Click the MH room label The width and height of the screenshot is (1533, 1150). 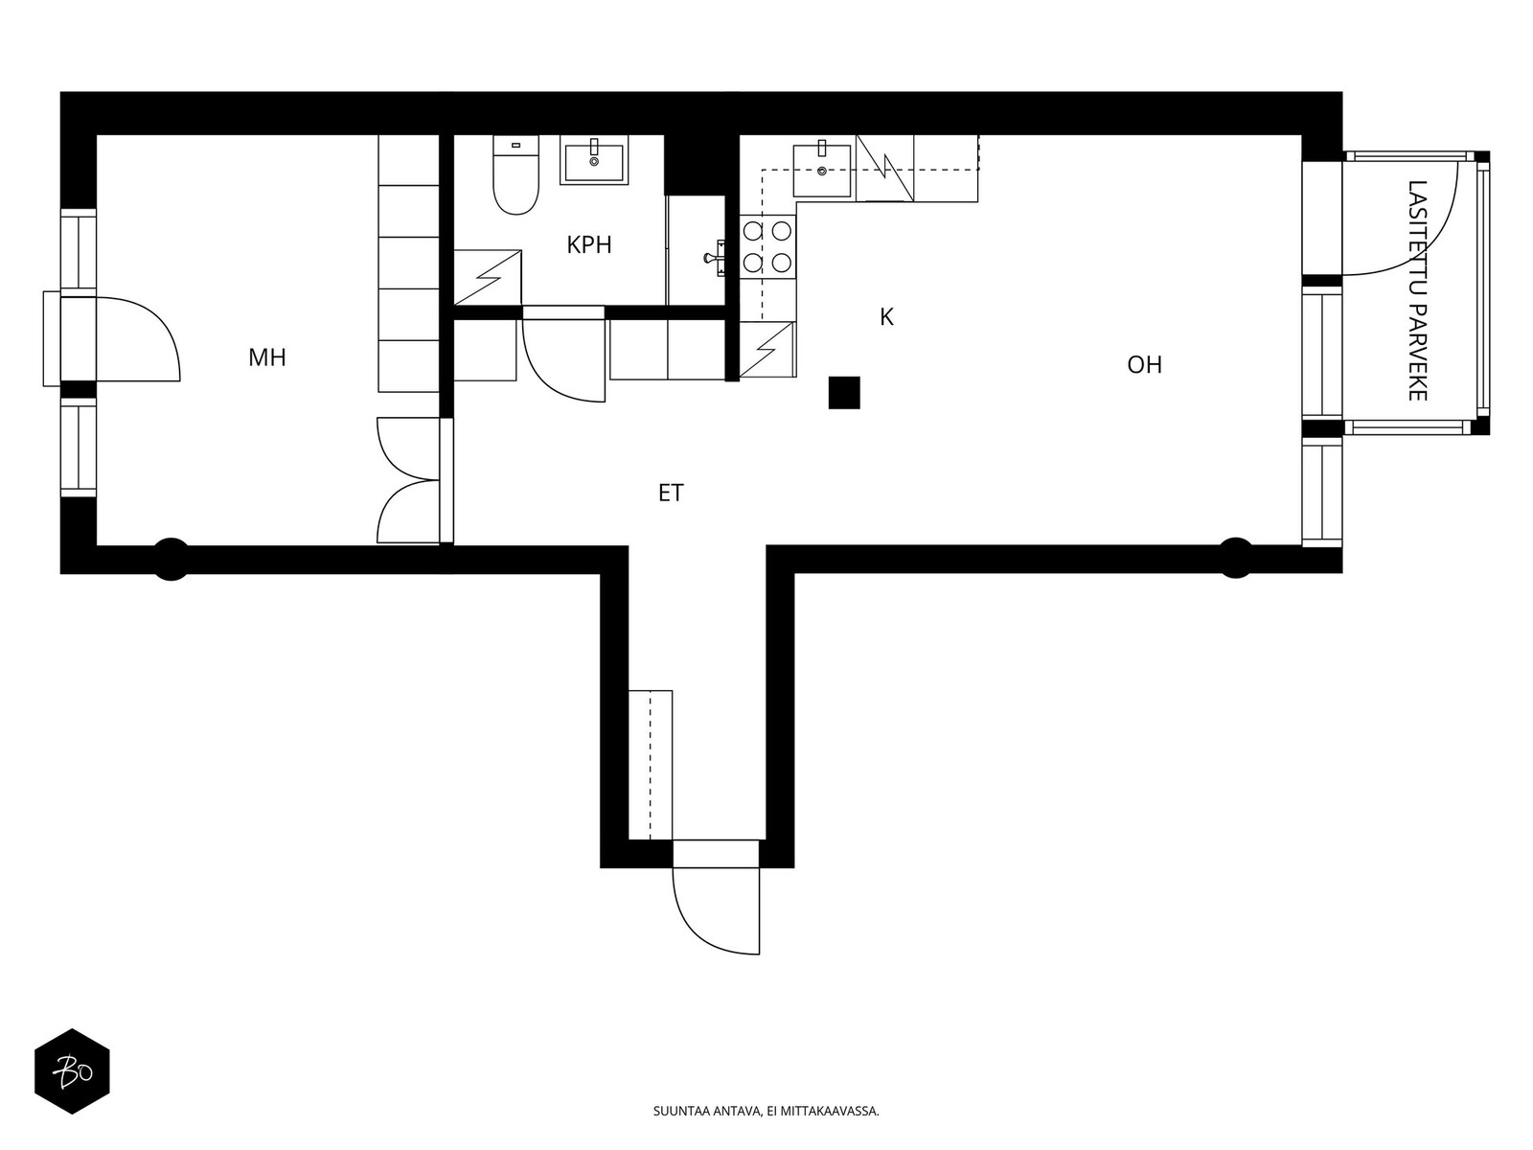tap(267, 358)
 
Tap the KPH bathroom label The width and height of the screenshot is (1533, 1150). tap(589, 245)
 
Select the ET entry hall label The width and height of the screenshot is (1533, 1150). tap(671, 494)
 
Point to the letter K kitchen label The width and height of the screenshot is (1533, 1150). tap(886, 317)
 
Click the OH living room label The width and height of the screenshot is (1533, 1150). tap(1144, 365)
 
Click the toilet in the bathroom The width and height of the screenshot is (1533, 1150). tap(515, 177)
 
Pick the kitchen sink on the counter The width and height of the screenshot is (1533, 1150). tap(822, 171)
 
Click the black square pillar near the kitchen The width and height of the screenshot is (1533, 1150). tap(844, 393)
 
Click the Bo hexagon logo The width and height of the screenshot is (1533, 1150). tap(72, 1071)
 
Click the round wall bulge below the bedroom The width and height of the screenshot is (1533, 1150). tap(171, 560)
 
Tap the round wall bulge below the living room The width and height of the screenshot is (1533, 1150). tap(1235, 558)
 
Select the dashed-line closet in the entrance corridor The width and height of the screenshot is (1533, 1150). tap(651, 764)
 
